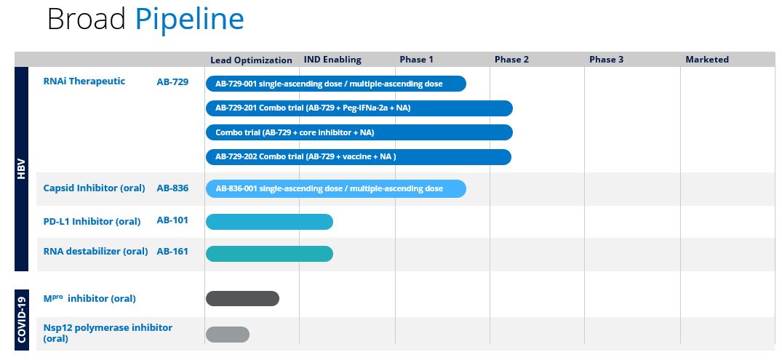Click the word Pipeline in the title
(190, 20)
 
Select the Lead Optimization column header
(252, 60)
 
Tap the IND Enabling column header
(332, 60)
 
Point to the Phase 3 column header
(607, 60)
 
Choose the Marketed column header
(707, 60)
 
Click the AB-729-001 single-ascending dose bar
(336, 84)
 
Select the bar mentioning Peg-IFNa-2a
(359, 108)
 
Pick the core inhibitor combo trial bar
(359, 132)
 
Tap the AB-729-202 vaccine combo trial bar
(359, 156)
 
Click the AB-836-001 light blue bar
(336, 188)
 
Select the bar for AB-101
(269, 222)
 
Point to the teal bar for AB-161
(269, 254)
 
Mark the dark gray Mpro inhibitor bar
(242, 299)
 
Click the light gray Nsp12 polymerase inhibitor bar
(228, 335)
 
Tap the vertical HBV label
(21, 169)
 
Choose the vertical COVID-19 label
(21, 319)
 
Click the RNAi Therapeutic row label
(84, 81)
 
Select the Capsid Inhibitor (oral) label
(95, 188)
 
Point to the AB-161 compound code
(172, 252)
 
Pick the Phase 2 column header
(511, 60)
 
